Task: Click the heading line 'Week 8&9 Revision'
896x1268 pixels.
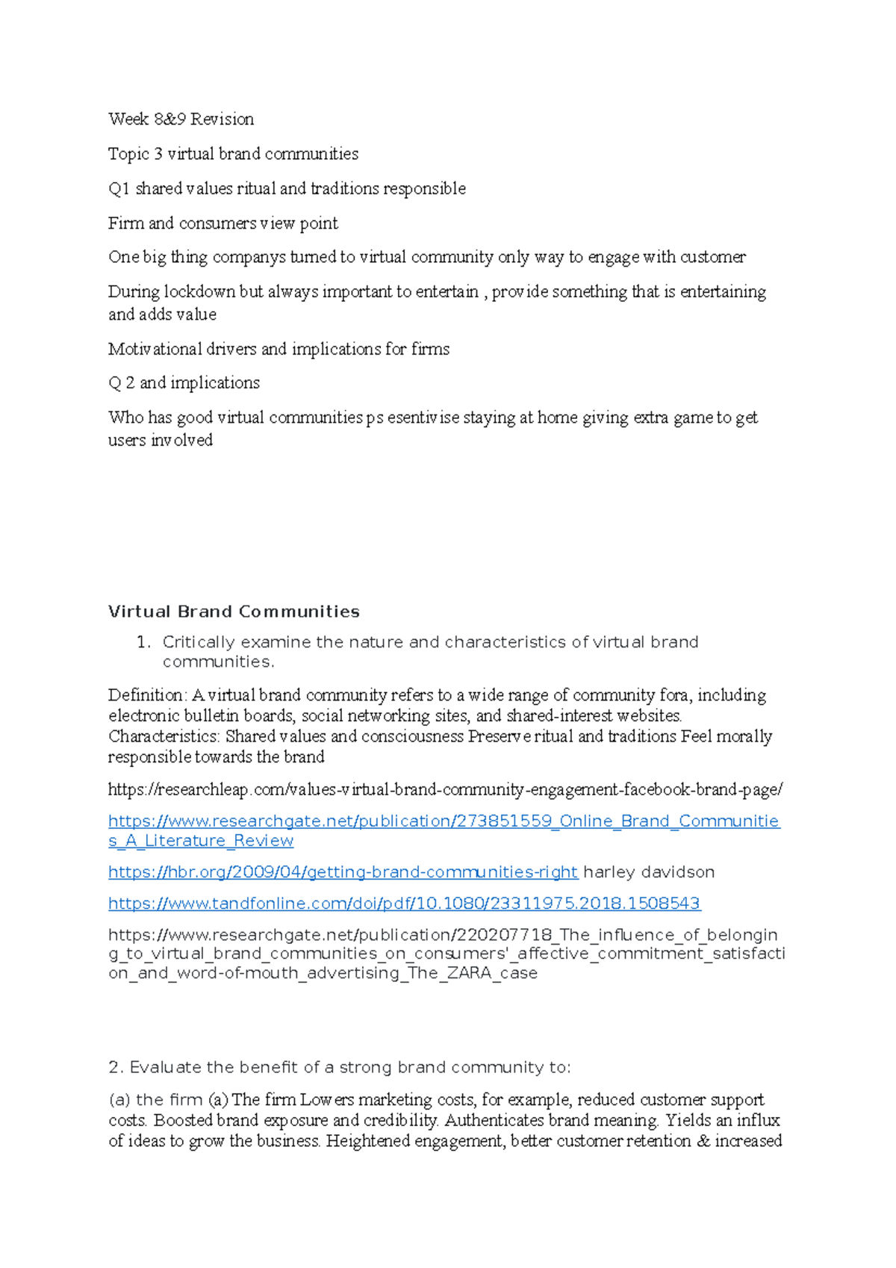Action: pos(181,119)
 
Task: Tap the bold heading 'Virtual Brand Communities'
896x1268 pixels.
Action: pos(234,612)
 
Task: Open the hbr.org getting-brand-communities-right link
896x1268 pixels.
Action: pos(343,872)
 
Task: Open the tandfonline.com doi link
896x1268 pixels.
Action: pos(404,904)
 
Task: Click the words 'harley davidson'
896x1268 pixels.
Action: pos(648,872)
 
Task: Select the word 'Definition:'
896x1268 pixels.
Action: pos(148,695)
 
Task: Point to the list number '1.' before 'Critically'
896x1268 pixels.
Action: pos(144,642)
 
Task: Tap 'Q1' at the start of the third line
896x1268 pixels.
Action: pos(119,189)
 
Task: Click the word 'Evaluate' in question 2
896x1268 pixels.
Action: pos(166,1068)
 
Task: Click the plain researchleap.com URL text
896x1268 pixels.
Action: pos(445,789)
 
